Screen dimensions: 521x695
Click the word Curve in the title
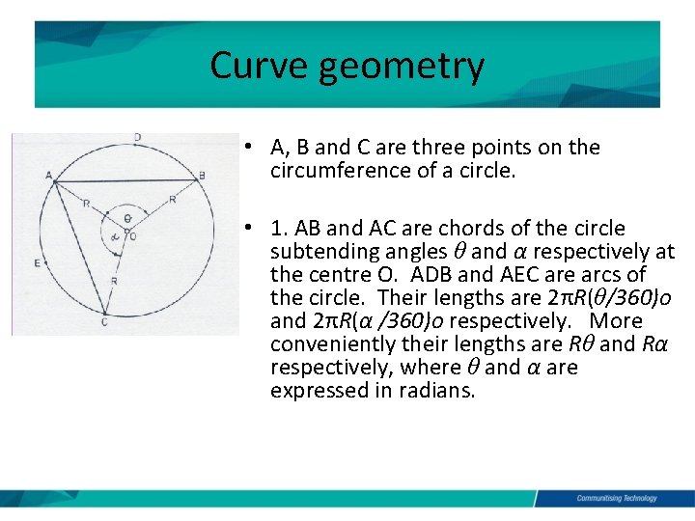point(254,66)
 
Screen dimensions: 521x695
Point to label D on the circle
point(138,137)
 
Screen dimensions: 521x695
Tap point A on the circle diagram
point(49,175)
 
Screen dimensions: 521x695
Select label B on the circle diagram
point(202,176)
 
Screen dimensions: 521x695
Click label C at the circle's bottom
point(104,321)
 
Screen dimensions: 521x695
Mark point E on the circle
point(37,262)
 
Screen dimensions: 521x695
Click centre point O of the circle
point(132,234)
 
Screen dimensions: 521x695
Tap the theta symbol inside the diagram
point(127,218)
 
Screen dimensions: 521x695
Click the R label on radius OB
point(172,199)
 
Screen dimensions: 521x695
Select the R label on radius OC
point(114,280)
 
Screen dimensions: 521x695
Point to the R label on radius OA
point(86,204)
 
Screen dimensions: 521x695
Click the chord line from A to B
point(125,181)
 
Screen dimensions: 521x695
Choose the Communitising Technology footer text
point(616,498)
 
